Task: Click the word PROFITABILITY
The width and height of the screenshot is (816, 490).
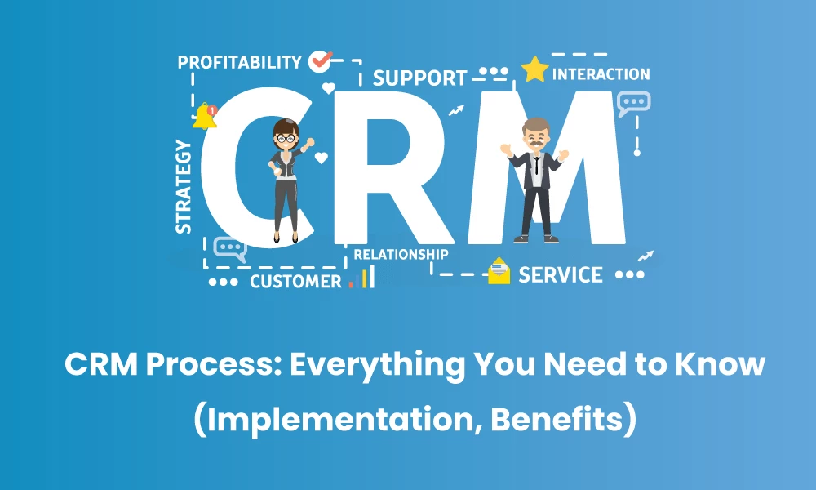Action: (239, 62)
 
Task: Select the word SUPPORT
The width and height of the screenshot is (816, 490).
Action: (419, 78)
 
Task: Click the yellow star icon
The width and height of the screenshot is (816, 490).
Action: (534, 69)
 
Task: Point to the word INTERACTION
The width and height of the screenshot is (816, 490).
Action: (601, 74)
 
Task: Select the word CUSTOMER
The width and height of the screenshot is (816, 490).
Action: (295, 282)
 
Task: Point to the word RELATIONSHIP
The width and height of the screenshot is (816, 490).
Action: (401, 254)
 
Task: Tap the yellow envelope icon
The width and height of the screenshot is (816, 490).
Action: (499, 271)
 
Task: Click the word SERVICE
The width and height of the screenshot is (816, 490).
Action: (561, 274)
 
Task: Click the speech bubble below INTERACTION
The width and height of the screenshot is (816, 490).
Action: (633, 104)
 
